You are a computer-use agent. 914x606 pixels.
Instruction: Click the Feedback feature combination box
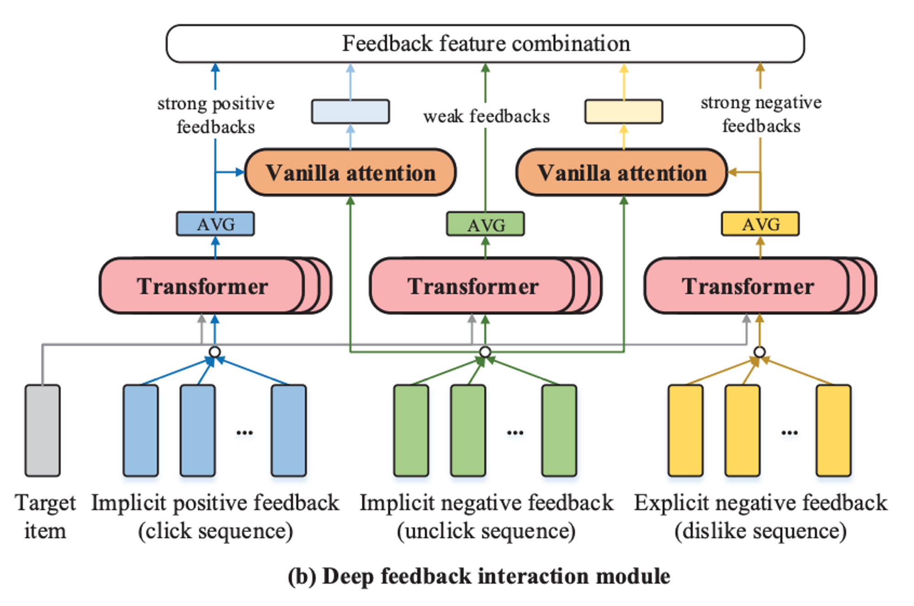click(485, 44)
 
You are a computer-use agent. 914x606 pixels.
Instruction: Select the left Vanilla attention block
click(351, 173)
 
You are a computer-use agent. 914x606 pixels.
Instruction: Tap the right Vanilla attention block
click(622, 173)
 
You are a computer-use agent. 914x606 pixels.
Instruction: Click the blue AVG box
click(215, 224)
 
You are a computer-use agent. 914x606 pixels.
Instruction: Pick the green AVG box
click(485, 224)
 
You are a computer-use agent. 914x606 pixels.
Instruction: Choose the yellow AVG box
click(760, 224)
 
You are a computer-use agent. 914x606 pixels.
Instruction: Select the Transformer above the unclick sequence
click(473, 286)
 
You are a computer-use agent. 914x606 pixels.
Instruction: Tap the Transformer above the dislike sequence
click(748, 286)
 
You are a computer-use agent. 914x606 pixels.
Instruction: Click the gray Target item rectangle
click(43, 430)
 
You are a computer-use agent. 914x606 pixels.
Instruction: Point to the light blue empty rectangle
click(351, 112)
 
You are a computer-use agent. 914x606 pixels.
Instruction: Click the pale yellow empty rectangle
click(623, 112)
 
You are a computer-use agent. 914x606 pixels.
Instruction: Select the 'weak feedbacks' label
click(486, 116)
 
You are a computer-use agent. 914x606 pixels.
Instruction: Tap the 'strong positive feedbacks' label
click(215, 115)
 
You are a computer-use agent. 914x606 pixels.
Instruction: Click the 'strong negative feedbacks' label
click(761, 114)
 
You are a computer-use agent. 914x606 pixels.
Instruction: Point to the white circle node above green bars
click(485, 352)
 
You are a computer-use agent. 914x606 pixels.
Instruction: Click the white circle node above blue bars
click(215, 352)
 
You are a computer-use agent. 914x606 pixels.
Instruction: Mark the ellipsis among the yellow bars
click(789, 432)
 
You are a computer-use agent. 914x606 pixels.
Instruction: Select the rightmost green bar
click(559, 430)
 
